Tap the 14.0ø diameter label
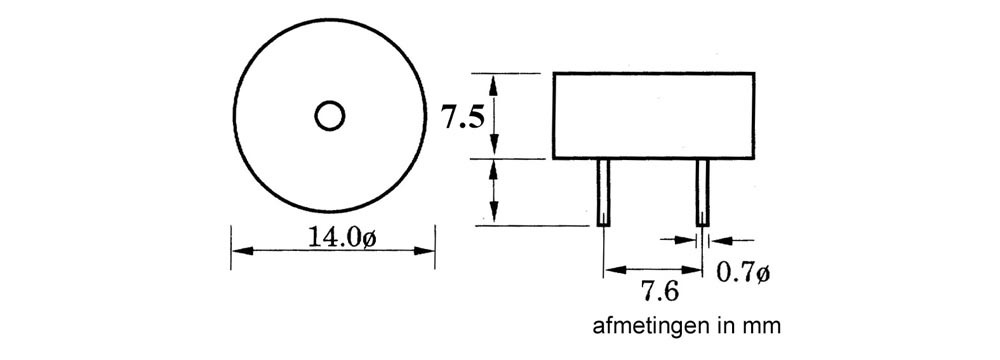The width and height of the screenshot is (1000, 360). coord(341,237)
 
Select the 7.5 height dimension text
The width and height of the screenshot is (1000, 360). coord(464,119)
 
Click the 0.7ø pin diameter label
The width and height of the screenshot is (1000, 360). coord(744,273)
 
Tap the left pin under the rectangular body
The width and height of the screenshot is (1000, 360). coord(603,192)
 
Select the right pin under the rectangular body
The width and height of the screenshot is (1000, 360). coord(702,192)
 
